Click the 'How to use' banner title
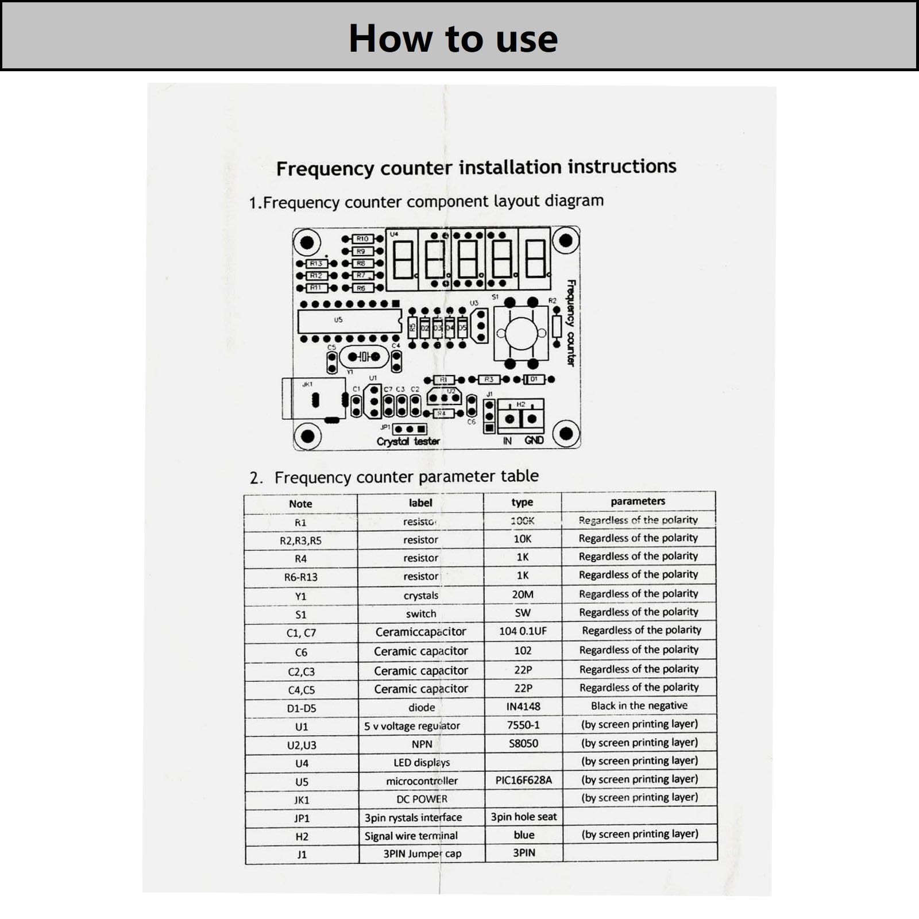tap(453, 38)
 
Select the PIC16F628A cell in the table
tap(523, 780)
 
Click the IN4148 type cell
tap(523, 706)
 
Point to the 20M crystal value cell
tap(523, 594)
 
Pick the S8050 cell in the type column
tap(523, 743)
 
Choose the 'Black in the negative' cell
tap(639, 706)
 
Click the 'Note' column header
tap(300, 504)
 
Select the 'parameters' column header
tap(638, 501)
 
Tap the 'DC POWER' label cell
tap(422, 799)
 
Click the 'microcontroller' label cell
tap(422, 781)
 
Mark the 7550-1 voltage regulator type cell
tap(523, 725)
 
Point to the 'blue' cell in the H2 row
tap(524, 835)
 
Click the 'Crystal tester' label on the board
tap(408, 441)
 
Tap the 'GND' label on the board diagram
tap(534, 440)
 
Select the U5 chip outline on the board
tap(349, 321)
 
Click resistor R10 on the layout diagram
tap(362, 238)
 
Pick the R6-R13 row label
tap(300, 577)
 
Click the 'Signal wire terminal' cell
tap(411, 836)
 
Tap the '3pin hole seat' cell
tap(523, 817)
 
